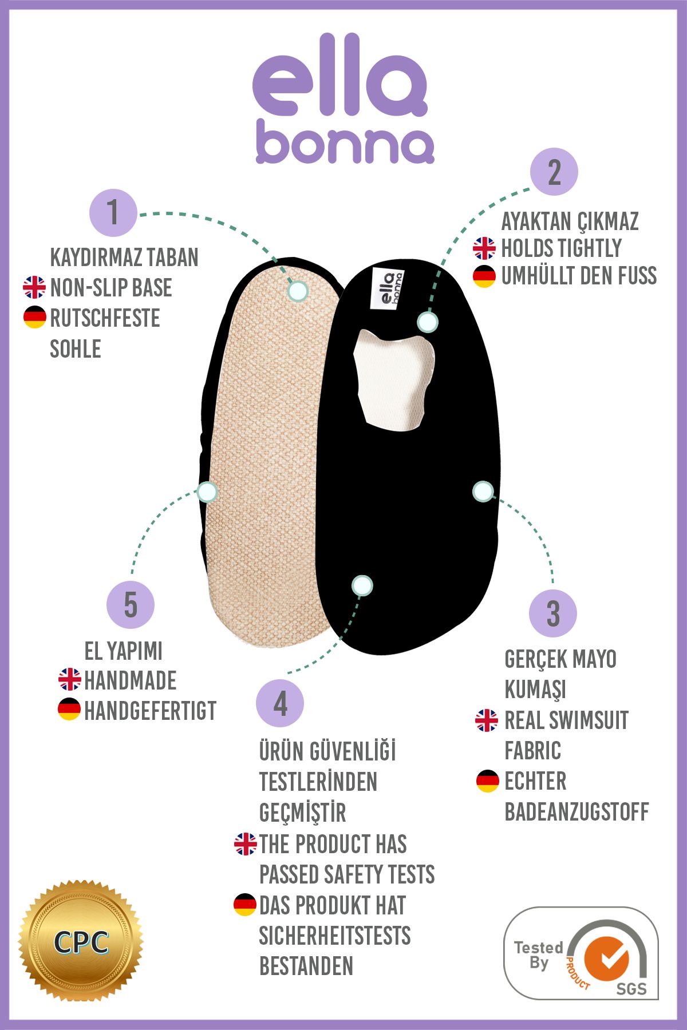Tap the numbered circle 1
113,213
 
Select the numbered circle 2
554,172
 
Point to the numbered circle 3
553,613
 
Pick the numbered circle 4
280,703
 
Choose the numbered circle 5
131,605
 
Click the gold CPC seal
81,941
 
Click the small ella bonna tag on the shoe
388,288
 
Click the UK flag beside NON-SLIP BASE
34,287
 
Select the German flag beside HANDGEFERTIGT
69,710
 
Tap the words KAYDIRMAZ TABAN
124,257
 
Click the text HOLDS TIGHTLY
561,248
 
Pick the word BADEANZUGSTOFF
577,811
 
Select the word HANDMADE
131,680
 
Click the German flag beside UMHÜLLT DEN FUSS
484,276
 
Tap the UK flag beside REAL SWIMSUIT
487,720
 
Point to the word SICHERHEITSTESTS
335,936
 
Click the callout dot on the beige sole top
298,291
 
